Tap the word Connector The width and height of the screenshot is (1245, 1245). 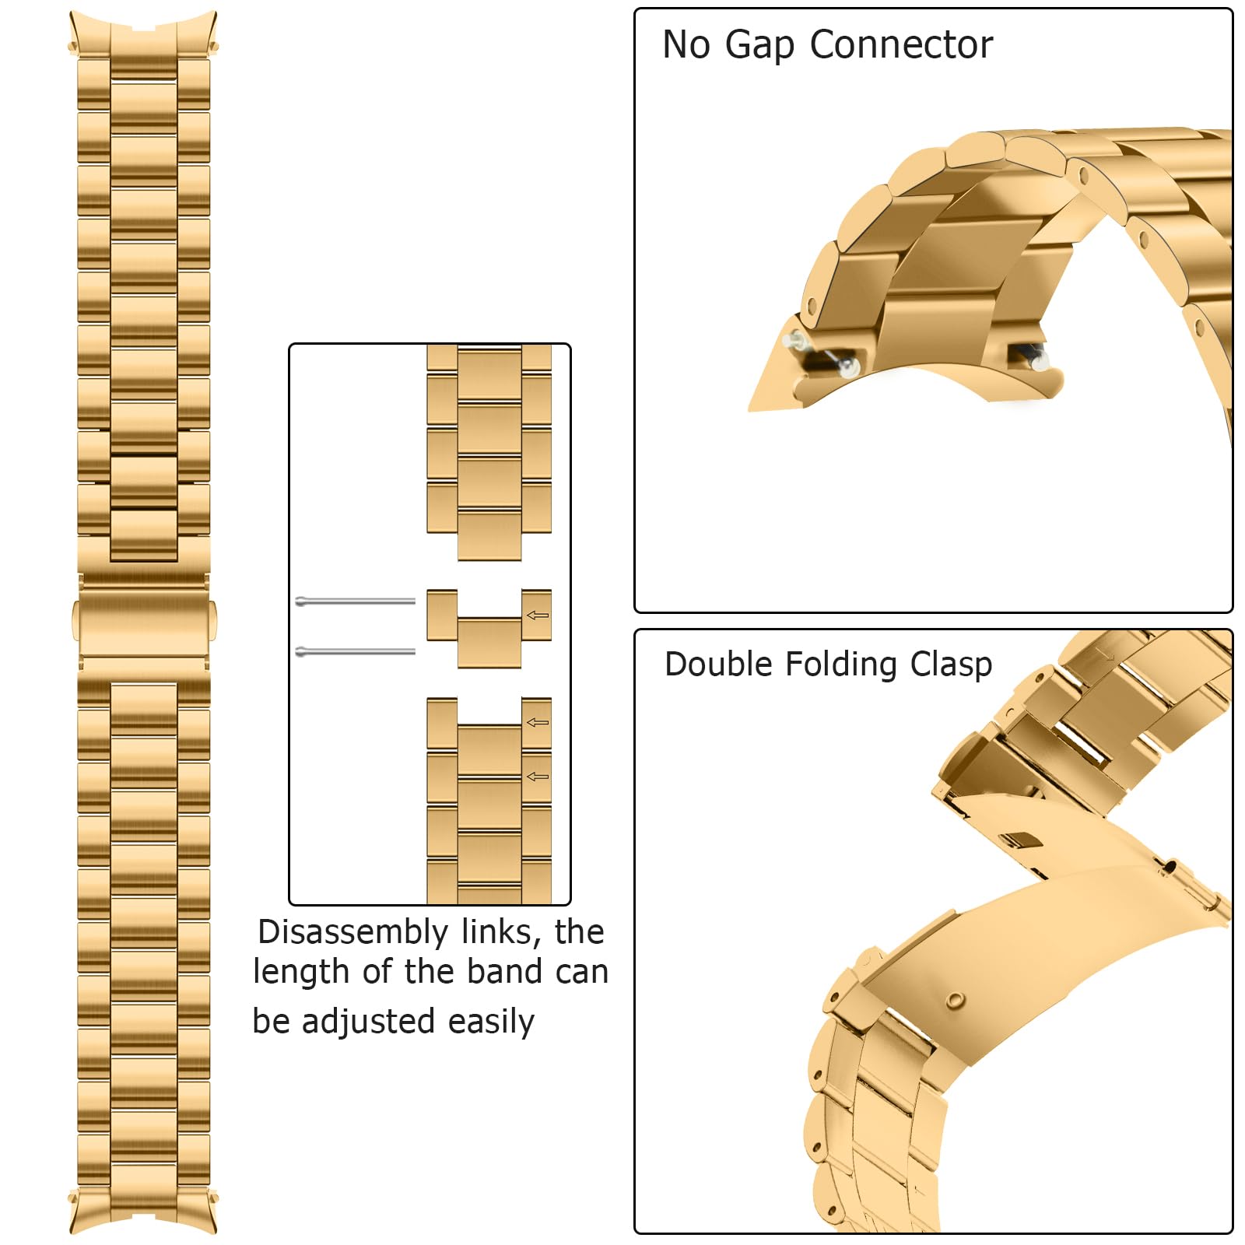tap(901, 45)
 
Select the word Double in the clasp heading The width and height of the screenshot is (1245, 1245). tap(719, 665)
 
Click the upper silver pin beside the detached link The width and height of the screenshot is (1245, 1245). tap(356, 601)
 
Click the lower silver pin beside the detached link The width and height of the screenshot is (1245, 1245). tap(356, 651)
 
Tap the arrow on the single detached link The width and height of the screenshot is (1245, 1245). tap(538, 615)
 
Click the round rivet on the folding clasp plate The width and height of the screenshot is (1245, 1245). tap(955, 1001)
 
